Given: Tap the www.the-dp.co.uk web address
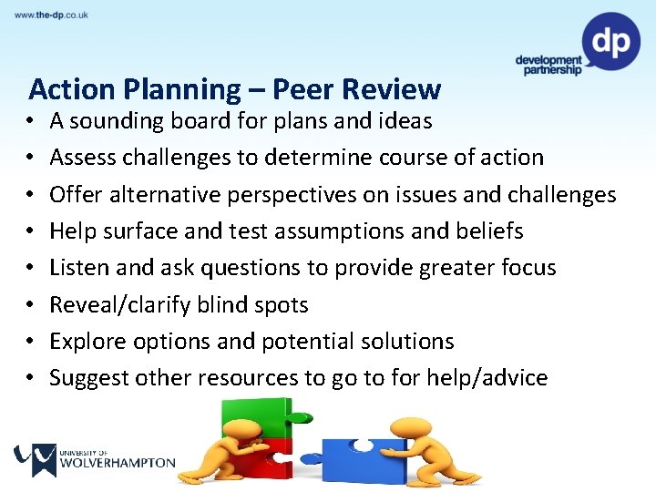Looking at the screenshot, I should [x=51, y=15].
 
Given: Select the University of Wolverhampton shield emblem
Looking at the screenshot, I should [x=34, y=459].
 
